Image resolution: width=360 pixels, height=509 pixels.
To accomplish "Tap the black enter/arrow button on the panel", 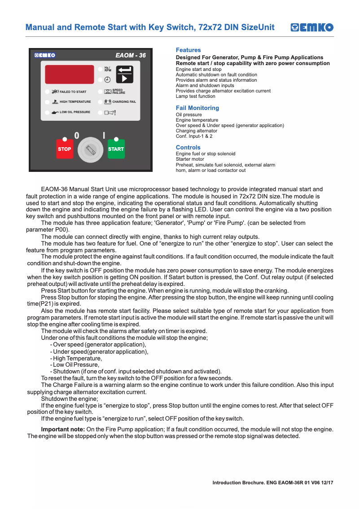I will point(125,74).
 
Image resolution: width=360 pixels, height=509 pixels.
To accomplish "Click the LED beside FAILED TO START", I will point(47,92).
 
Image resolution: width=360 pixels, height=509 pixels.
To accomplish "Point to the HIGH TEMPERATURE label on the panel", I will point(75,102).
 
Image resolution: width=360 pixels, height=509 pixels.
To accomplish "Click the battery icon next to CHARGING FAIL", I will point(108,102).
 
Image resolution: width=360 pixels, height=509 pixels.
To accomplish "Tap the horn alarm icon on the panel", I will point(110,112).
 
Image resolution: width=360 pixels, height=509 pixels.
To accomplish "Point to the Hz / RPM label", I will point(108,69).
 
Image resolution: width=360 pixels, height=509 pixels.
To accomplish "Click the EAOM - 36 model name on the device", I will point(130,55).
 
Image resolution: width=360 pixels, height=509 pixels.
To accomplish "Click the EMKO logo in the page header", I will point(312,27).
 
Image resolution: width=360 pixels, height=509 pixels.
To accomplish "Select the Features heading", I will point(188,50).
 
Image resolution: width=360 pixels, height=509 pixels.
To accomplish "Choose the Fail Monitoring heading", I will point(198,108).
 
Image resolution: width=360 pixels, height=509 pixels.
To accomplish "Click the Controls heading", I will point(188,147).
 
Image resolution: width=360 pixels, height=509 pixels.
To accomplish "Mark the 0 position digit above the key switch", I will point(77,135).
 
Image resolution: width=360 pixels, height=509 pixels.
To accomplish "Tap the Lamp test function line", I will point(195,96).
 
